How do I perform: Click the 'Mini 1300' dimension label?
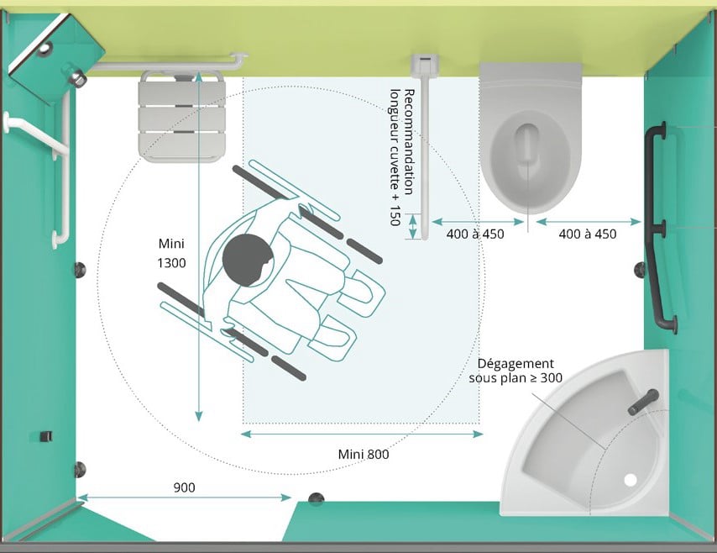(x=171, y=253)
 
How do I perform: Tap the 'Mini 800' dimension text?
(x=364, y=455)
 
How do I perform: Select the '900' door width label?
(x=186, y=487)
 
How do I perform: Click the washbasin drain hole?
(x=631, y=480)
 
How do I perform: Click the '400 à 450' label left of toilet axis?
(x=475, y=234)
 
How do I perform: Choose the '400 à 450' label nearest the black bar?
(x=588, y=234)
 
